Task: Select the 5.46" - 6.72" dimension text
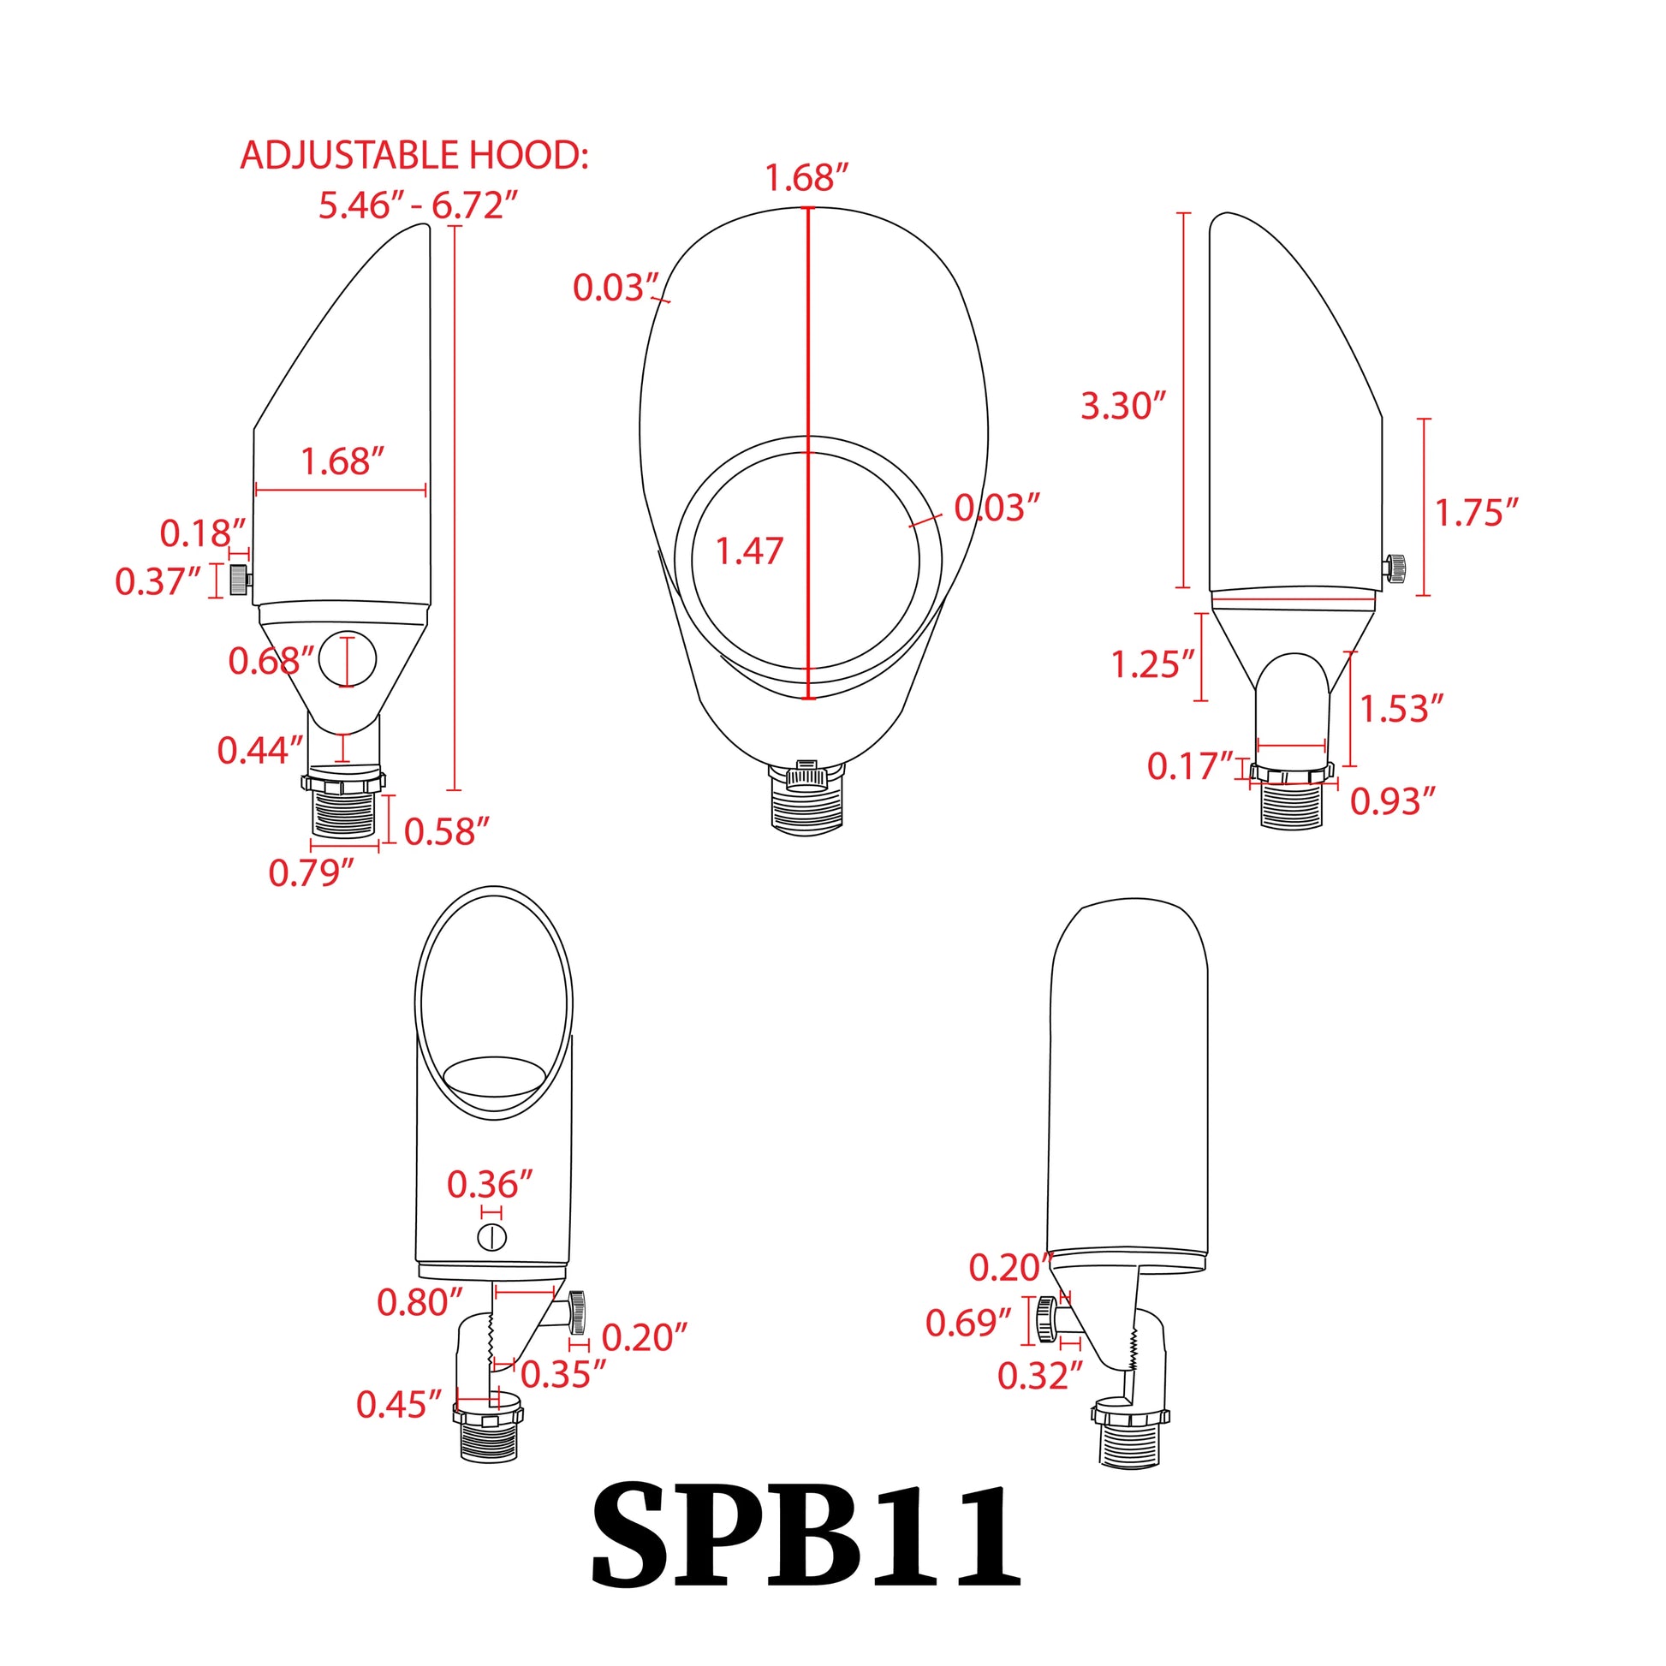pos(419,205)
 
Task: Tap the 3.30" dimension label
pos(1122,405)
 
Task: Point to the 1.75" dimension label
pos(1475,512)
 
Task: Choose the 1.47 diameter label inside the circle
pos(749,551)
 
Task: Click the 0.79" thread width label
pos(311,872)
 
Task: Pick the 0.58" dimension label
pos(446,831)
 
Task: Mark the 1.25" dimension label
pos(1152,664)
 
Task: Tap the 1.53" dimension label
pos(1401,709)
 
